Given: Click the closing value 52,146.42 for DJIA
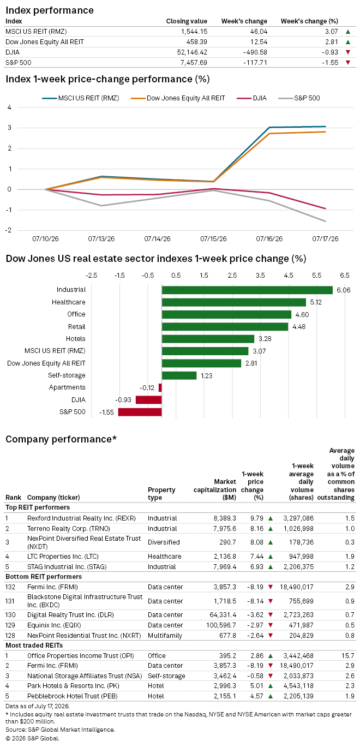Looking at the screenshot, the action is tap(192, 52).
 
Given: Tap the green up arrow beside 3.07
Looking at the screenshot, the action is tap(348, 32).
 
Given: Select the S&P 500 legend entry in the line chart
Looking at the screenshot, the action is tap(299, 98).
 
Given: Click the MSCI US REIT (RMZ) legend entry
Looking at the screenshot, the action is tap(81, 98).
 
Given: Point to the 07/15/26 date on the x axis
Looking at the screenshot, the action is tap(213, 239).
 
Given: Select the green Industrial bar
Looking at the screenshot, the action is tap(247, 290).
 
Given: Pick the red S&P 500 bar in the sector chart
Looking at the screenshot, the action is tap(140, 412).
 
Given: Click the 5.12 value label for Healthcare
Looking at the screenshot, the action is tap(316, 302).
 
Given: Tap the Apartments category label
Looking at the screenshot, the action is tap(67, 387).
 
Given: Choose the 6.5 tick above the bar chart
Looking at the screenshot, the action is tap(345, 276).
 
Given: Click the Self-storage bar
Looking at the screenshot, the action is tap(179, 375).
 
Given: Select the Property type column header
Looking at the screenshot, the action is tap(161, 494).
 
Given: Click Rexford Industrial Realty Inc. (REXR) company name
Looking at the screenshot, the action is tap(81, 518).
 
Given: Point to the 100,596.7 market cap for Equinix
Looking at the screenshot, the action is tap(221, 625).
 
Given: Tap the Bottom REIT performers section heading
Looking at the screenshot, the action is tap(44, 577).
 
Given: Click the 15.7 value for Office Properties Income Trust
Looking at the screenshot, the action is tap(348, 656).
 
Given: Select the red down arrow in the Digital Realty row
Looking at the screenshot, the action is tap(271, 614).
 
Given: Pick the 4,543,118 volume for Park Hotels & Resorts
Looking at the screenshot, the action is tap(299, 686).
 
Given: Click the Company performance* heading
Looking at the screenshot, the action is tap(61, 439).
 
